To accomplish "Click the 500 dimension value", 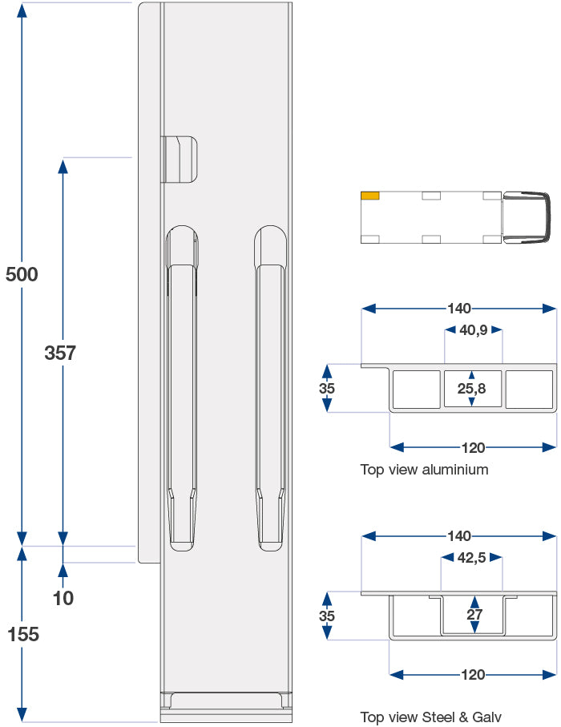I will [x=22, y=274].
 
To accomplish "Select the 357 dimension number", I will [x=60, y=353].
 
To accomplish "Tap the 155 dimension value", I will [x=22, y=634].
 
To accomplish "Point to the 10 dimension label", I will [x=63, y=597].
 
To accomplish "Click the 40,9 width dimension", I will [x=474, y=329].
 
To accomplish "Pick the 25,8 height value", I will [x=473, y=389].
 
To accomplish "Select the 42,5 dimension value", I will [x=471, y=558].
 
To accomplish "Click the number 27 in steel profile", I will [x=474, y=615].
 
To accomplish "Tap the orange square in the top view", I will [x=370, y=195].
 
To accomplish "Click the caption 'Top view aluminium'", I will [x=424, y=470].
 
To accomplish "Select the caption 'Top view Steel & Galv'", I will [x=430, y=717].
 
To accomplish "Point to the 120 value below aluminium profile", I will [x=474, y=447].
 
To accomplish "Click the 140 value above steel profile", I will [x=459, y=535].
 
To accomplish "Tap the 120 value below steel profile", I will [x=474, y=674].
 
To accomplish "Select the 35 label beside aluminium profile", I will [x=326, y=388].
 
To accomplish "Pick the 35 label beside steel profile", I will [x=326, y=616].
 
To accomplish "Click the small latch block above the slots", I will [x=180, y=159].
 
